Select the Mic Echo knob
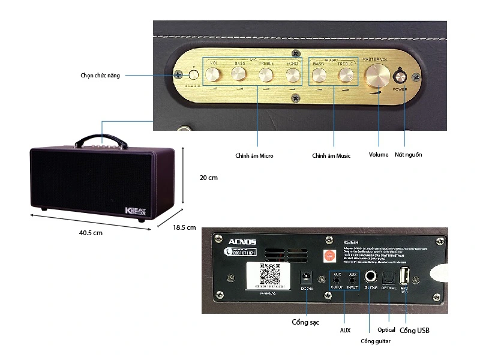[x=293, y=75]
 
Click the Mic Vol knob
[x=213, y=74]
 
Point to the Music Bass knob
[x=319, y=75]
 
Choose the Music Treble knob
[x=346, y=75]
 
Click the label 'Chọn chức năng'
[x=100, y=76]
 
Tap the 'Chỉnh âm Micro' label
[x=254, y=156]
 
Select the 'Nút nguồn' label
[x=408, y=155]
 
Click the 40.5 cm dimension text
[x=91, y=232]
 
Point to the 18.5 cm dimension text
[x=184, y=228]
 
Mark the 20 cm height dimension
[x=208, y=178]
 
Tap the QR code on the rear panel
[x=270, y=274]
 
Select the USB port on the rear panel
[x=404, y=277]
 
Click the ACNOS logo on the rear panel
[x=242, y=242]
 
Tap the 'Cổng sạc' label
[x=305, y=323]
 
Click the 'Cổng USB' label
[x=415, y=331]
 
